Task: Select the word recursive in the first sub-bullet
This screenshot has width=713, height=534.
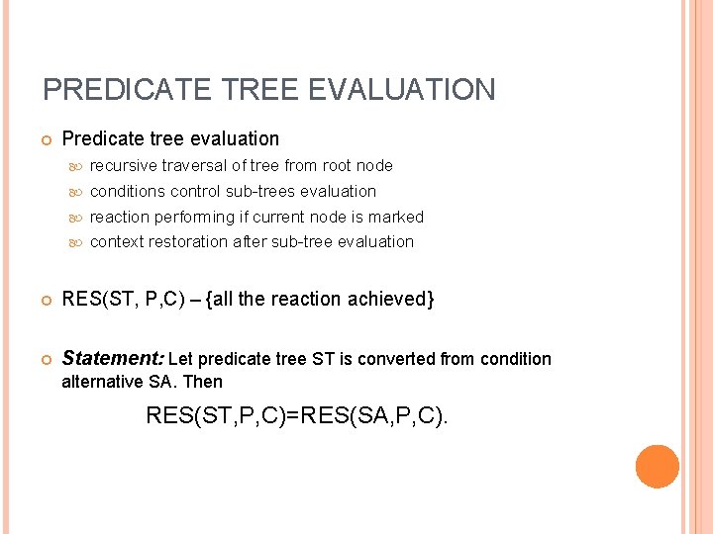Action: coord(124,166)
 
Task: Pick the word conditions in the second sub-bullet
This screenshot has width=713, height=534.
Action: coord(128,192)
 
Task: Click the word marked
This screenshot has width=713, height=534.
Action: coord(396,218)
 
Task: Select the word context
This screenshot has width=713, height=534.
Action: coord(116,242)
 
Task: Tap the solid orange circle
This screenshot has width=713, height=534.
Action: coord(658,467)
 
